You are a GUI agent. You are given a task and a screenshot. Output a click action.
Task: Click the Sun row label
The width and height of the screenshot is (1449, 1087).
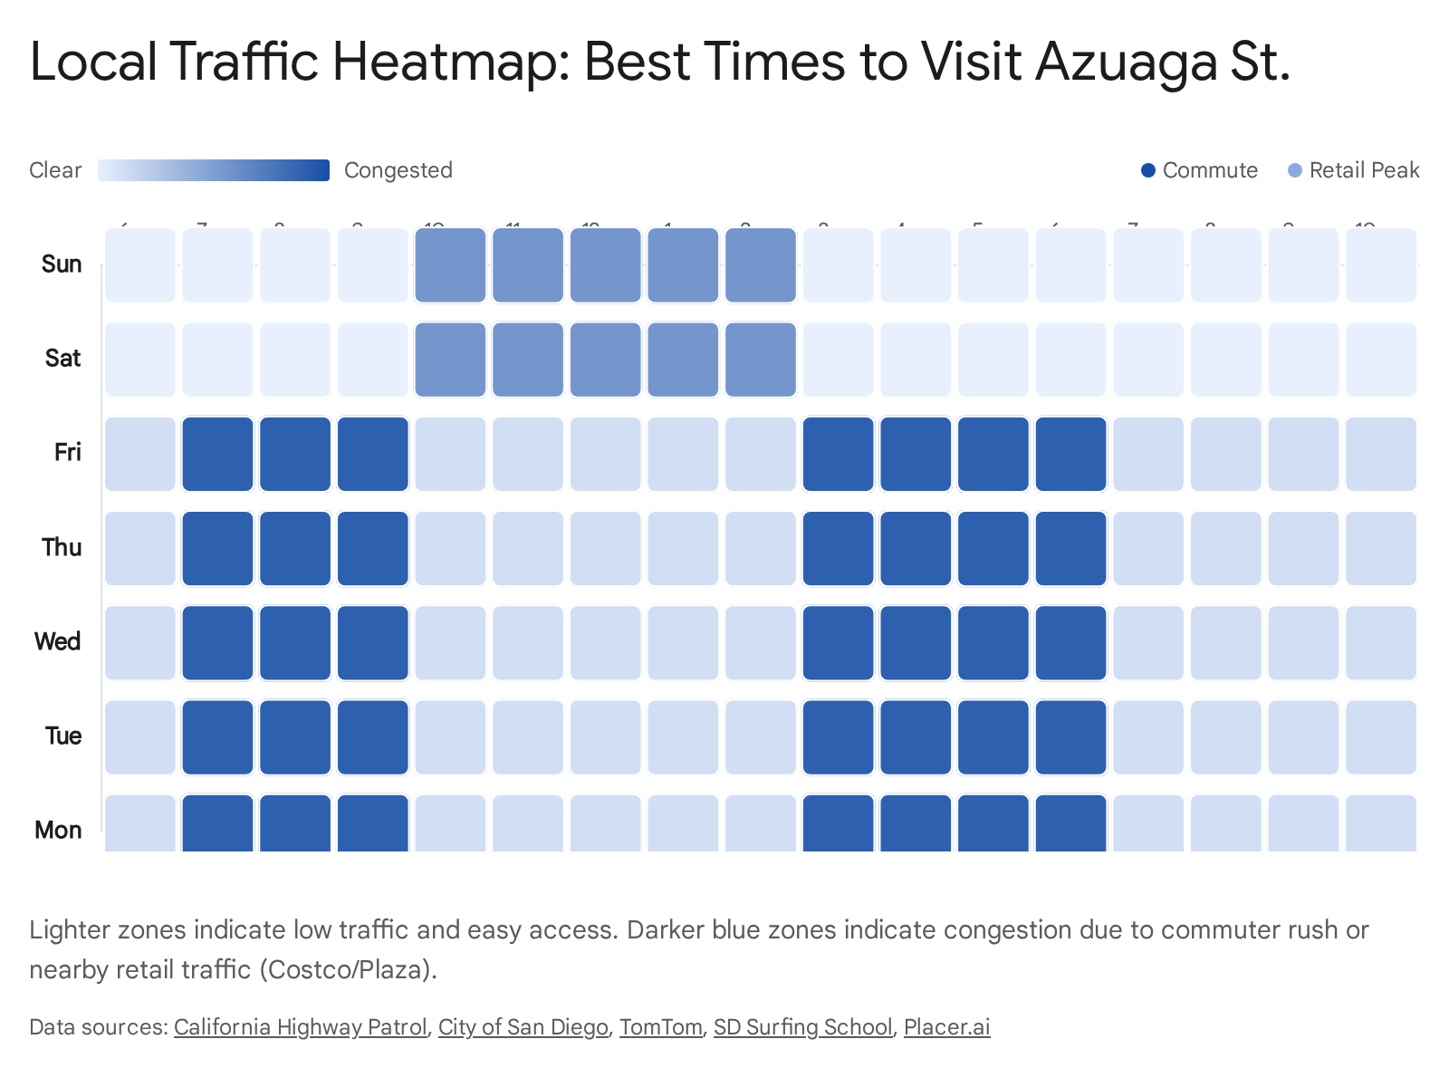click(62, 264)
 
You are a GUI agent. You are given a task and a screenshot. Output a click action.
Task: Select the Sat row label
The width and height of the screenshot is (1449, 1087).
click(62, 358)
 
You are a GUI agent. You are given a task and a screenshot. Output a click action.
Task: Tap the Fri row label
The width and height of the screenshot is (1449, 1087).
click(67, 452)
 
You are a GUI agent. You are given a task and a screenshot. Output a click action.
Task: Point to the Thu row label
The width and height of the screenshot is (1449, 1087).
click(62, 547)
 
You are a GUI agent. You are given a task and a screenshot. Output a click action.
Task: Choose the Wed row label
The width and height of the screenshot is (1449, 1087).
click(58, 641)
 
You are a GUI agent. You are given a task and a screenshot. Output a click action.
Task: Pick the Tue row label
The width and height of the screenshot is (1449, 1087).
click(63, 736)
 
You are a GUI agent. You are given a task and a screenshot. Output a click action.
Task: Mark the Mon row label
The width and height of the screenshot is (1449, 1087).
click(58, 830)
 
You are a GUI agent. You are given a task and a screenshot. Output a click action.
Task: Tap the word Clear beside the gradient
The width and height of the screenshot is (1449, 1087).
click(55, 170)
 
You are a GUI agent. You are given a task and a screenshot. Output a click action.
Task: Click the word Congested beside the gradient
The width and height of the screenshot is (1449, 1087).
click(398, 170)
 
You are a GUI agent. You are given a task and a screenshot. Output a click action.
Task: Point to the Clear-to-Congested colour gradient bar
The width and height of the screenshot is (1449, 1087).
click(214, 170)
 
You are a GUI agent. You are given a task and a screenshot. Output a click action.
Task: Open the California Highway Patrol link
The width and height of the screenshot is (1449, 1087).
click(300, 1027)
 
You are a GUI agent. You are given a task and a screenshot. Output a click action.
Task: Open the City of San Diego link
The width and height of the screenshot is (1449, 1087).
click(523, 1027)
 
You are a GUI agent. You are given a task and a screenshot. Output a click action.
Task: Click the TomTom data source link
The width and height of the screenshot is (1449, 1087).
click(660, 1027)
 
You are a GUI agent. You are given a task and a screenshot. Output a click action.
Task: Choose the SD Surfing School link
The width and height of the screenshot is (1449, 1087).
click(802, 1027)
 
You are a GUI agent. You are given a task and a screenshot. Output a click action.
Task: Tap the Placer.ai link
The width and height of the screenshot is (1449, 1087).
click(946, 1027)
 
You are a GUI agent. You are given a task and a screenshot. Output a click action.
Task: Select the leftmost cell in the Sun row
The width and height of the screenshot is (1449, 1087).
click(140, 265)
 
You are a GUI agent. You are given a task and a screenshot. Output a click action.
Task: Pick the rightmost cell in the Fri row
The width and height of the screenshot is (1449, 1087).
click(1380, 454)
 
